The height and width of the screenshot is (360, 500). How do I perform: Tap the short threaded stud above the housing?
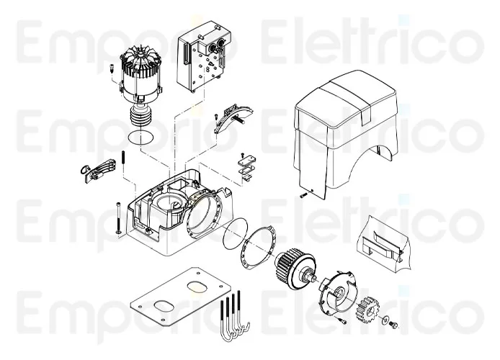click(125, 158)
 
